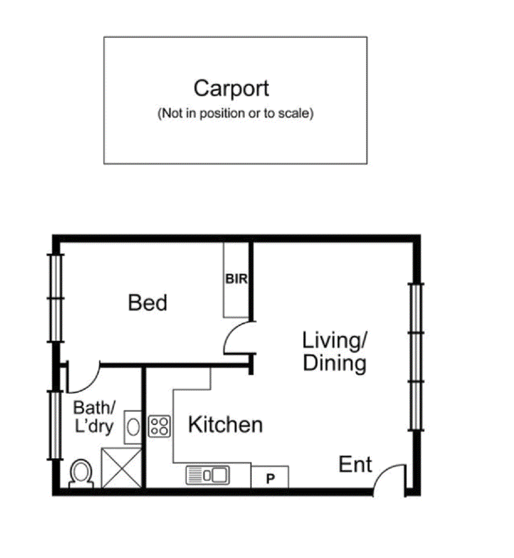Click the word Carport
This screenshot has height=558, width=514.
231,89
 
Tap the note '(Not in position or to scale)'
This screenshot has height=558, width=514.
235,114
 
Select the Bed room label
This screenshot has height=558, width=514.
147,303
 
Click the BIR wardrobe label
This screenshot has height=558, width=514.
236,279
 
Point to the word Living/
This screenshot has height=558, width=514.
334,340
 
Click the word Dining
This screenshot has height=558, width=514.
334,363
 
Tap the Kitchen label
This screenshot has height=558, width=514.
225,425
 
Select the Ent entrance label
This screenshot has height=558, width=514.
355,465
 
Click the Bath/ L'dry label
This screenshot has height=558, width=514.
94,417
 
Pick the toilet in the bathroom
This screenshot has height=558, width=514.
81,475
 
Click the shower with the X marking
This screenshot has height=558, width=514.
122,468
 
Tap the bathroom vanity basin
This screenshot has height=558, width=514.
133,427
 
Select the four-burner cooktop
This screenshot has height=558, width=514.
159,426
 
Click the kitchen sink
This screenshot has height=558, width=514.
208,475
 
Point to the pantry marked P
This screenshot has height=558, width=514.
270,477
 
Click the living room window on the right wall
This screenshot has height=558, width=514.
415,357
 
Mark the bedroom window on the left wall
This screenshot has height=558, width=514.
55,298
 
